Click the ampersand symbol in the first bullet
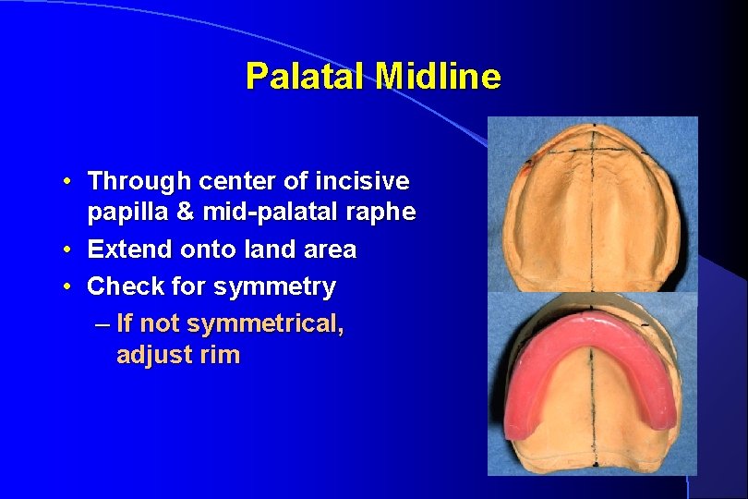coord(185,213)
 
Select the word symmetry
coord(274,287)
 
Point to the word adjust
coord(152,356)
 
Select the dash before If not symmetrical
coord(101,324)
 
